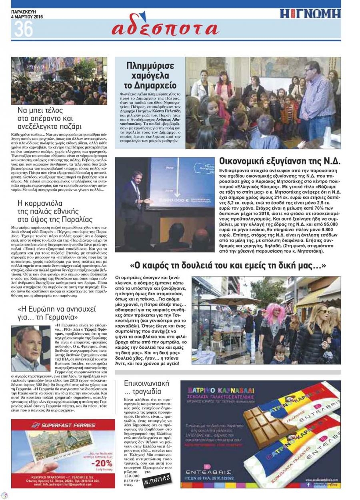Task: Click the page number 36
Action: tap(24, 30)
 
